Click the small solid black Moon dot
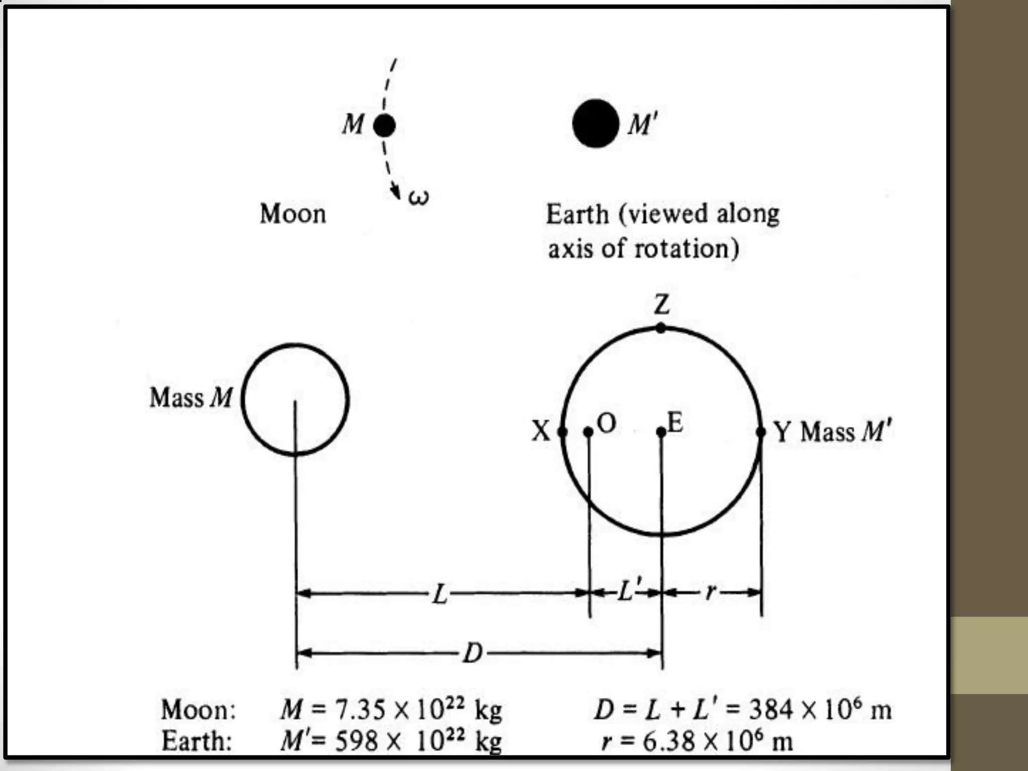click(x=384, y=125)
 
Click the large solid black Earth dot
click(x=595, y=123)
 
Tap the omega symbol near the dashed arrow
click(x=419, y=197)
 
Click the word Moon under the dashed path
click(x=293, y=214)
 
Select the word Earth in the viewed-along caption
click(x=577, y=214)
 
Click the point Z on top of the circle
click(x=661, y=328)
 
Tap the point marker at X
click(x=562, y=432)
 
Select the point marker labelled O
click(x=588, y=432)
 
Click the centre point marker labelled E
click(x=661, y=432)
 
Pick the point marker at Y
click(x=760, y=432)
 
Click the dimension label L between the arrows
click(x=440, y=594)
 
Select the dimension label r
click(x=710, y=593)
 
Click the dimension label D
click(x=472, y=653)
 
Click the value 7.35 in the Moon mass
click(x=360, y=710)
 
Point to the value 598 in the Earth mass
click(x=356, y=741)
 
